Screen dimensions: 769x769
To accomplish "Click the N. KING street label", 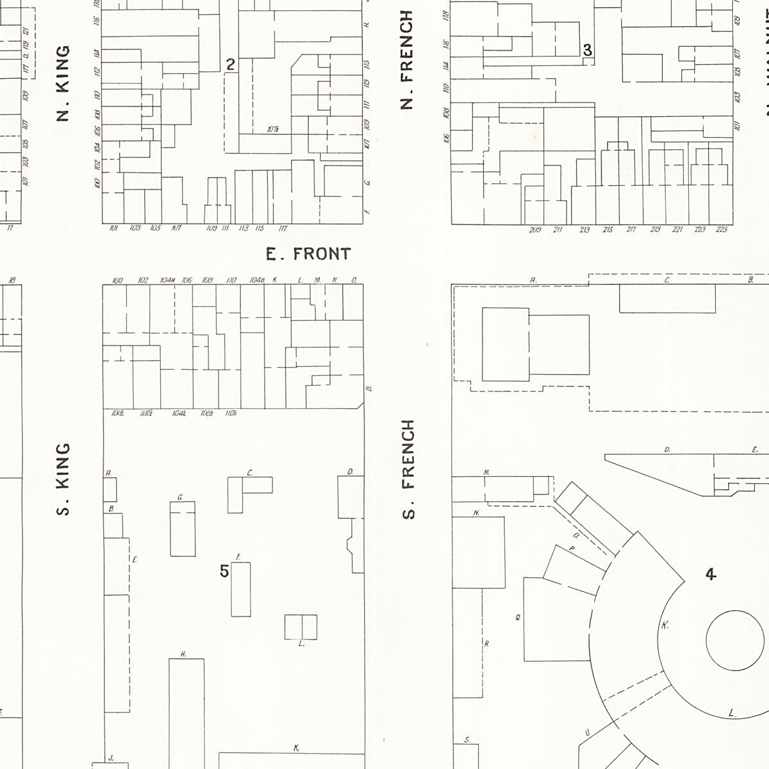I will click(63, 83).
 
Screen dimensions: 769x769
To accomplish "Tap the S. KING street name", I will click(63, 479).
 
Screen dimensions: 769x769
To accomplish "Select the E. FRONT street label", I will click(308, 254).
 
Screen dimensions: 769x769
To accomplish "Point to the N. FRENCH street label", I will click(407, 60).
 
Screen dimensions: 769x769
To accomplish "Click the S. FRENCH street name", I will click(408, 469).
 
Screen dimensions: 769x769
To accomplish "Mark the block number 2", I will click(231, 64).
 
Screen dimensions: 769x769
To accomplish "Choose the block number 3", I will click(587, 50).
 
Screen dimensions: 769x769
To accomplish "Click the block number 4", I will click(711, 574).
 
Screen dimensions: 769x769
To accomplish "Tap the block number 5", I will click(224, 571).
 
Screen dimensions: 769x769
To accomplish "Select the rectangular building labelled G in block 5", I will click(183, 529).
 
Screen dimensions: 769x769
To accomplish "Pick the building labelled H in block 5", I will click(186, 711).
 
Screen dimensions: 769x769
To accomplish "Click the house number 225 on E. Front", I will click(722, 229).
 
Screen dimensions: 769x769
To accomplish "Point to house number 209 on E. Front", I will click(535, 229).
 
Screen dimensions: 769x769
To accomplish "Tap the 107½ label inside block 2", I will click(272, 129).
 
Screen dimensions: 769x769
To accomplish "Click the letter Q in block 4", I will click(518, 618).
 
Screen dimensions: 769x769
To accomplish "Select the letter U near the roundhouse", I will click(587, 733).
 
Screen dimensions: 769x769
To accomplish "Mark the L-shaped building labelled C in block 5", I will click(244, 490).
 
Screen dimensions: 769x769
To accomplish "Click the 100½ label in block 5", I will click(118, 414).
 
